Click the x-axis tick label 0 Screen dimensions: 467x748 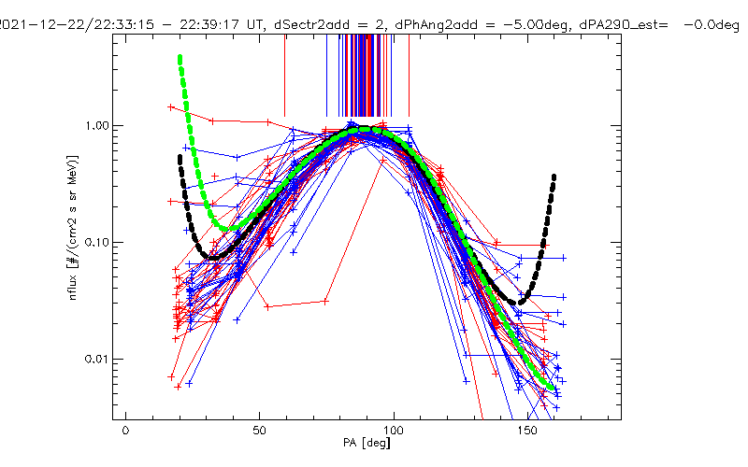[x=125, y=432]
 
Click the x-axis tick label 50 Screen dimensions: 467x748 [x=260, y=432]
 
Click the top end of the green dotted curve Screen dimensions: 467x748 [x=179, y=58]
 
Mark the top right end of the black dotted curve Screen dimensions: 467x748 [x=554, y=176]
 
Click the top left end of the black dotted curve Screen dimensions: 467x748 [x=179, y=157]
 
